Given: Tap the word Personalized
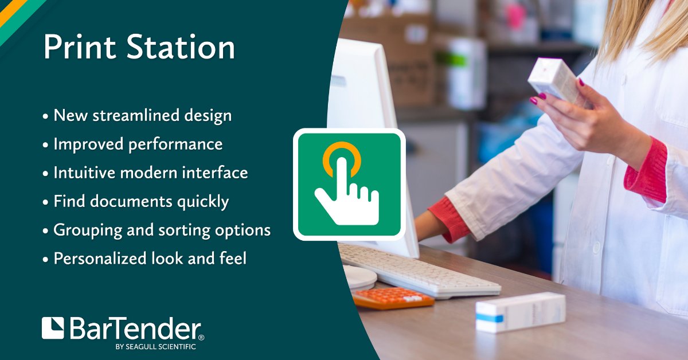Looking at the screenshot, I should tap(99, 259).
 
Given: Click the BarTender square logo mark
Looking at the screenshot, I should tap(53, 328).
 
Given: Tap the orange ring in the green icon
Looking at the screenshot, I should tap(342, 155).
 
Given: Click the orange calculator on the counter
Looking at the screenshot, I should tap(393, 298).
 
